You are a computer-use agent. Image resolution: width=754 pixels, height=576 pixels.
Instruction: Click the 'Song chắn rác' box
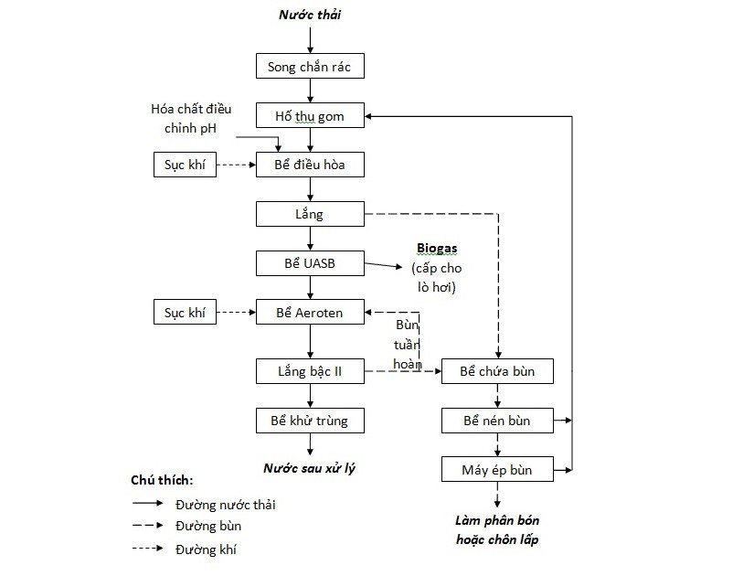[x=310, y=66]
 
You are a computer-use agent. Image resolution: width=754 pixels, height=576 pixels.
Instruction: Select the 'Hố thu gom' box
[x=310, y=115]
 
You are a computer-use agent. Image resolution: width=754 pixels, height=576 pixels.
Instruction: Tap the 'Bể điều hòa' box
[x=310, y=165]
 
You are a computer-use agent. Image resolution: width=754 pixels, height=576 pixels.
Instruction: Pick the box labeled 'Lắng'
[x=310, y=214]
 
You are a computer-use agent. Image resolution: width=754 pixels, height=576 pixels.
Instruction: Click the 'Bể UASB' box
[x=310, y=263]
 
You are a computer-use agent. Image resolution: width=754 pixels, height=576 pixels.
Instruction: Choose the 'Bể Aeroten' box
[x=310, y=313]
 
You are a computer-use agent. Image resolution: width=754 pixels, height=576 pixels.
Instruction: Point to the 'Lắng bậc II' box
[x=310, y=371]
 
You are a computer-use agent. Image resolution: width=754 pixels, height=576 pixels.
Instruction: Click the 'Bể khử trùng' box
[x=310, y=421]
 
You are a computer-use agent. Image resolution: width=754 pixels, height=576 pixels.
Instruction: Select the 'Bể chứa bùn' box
[x=497, y=371]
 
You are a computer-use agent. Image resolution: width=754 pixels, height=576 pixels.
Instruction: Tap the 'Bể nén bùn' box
[x=497, y=421]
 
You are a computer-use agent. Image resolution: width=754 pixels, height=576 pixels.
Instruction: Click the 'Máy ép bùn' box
[x=497, y=470]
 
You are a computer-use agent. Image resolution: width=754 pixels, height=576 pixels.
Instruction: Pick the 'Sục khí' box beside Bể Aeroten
[x=185, y=313]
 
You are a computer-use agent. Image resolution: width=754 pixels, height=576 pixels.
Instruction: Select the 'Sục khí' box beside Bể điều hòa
[x=185, y=165]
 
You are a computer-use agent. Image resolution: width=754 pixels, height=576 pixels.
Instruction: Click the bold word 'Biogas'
[x=437, y=248]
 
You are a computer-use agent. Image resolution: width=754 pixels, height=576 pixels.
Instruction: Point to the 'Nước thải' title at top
[x=311, y=15]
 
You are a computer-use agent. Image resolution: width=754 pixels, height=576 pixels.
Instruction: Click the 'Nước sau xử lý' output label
[x=310, y=468]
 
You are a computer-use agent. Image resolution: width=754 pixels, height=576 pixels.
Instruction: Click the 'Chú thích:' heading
[x=162, y=480]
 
